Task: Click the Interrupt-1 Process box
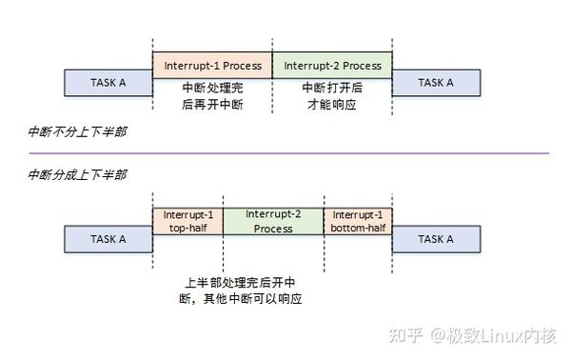coord(212,65)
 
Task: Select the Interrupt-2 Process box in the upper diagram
coord(331,65)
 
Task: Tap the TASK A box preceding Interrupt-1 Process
coord(108,83)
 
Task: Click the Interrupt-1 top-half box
coord(187,221)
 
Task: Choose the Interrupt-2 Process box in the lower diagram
coord(273,221)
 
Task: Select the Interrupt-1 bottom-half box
coord(358,221)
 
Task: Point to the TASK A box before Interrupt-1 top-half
coord(108,239)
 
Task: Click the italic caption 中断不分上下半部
coord(76,131)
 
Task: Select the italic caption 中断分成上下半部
coord(76,174)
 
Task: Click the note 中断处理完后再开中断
coord(212,95)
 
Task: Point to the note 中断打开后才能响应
coord(331,95)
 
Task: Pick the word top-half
coord(187,230)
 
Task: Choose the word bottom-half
coord(358,230)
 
